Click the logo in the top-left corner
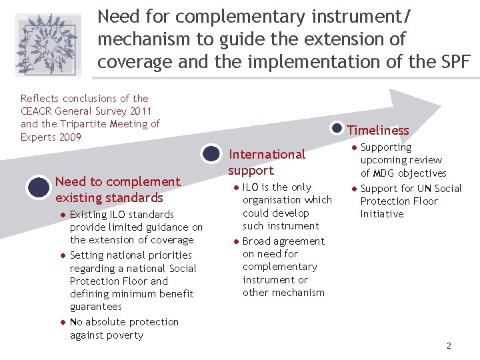[x=48, y=44]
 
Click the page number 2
[x=449, y=345]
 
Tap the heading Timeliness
[x=378, y=130]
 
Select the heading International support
[x=267, y=162]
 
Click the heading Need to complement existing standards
[x=118, y=189]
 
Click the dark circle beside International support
[x=211, y=154]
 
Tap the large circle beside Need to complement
[x=38, y=187]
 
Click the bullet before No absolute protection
[x=61, y=322]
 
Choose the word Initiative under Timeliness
[x=382, y=214]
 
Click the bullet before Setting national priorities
[x=61, y=255]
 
